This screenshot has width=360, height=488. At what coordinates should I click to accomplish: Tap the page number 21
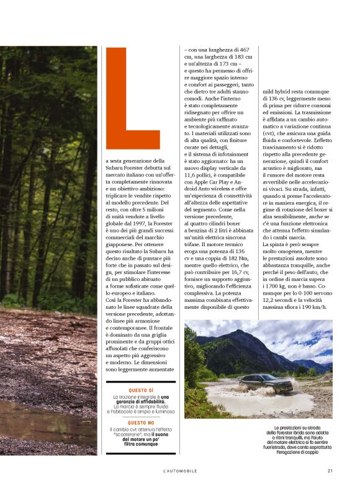330,471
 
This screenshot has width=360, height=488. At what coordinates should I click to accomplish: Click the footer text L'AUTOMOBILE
181,471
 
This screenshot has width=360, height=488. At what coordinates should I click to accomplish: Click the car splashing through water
258,383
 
